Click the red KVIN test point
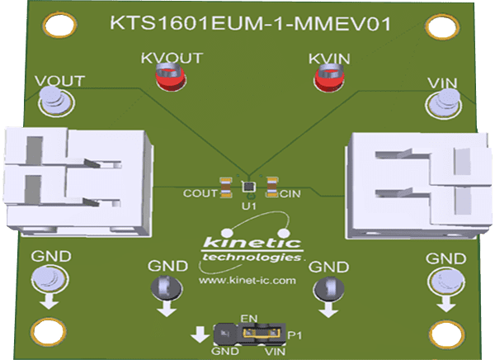coord(327,79)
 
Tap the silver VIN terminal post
coord(443,102)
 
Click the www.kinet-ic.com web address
coord(247,282)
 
